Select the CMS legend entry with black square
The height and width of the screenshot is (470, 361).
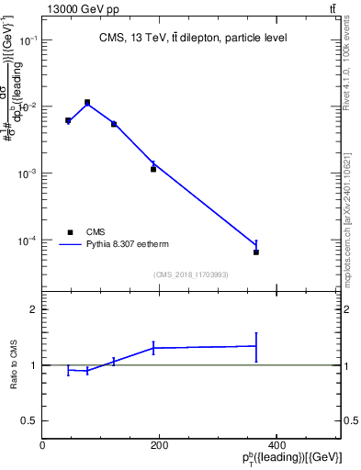pyautogui.click(x=70, y=232)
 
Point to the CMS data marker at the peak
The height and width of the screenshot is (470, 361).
pyautogui.click(x=87, y=102)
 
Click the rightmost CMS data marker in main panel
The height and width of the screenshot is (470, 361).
pyautogui.click(x=256, y=252)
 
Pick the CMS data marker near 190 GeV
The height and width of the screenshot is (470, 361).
pyautogui.click(x=153, y=169)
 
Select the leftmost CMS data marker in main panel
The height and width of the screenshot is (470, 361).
pyautogui.click(x=68, y=120)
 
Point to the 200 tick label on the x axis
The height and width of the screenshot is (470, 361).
pyautogui.click(x=159, y=445)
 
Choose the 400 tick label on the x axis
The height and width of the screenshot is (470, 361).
pyautogui.click(x=276, y=445)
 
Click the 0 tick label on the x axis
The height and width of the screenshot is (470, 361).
pyautogui.click(x=42, y=445)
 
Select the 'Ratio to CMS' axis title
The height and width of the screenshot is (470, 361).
pyautogui.click(x=15, y=364)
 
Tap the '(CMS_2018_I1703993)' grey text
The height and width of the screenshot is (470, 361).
pyautogui.click(x=191, y=274)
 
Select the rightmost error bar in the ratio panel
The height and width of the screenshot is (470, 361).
pyautogui.click(x=256, y=346)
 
